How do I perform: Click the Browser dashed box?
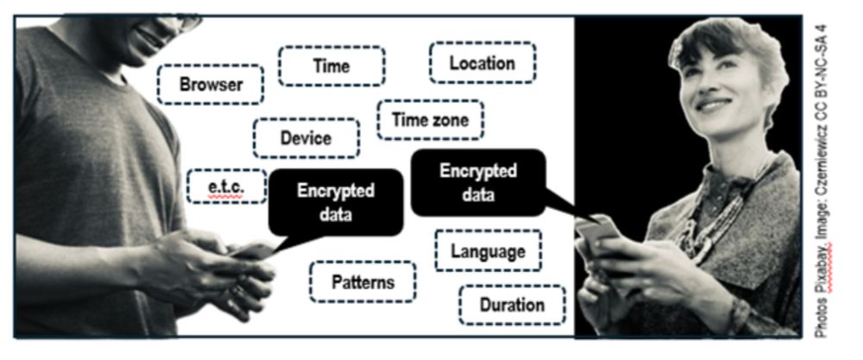point(211,85)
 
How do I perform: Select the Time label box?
point(331,66)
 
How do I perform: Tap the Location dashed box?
point(482,63)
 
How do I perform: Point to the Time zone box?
point(430,120)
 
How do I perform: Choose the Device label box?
point(306,138)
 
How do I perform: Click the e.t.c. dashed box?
point(226,186)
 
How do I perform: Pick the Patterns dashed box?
point(362,281)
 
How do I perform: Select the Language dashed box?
point(488,251)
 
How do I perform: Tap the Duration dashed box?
point(512,305)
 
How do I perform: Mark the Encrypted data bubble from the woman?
point(478,182)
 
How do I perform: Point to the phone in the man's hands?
point(252,251)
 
